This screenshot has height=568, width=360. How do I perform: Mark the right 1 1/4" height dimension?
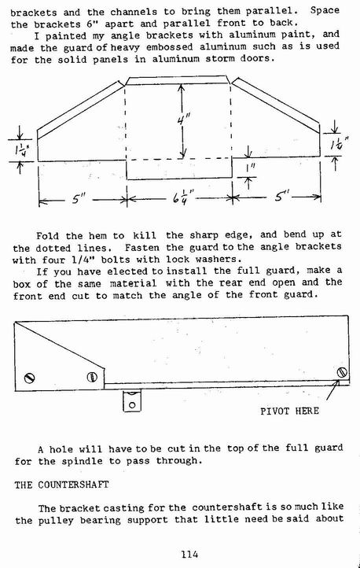point(339,145)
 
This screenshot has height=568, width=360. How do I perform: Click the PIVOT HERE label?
point(290,411)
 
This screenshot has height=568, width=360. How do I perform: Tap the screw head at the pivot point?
point(342,372)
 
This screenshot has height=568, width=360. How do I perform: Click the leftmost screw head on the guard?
point(29,378)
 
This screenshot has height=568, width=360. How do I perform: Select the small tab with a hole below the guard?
point(132,400)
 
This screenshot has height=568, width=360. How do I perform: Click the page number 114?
point(189,554)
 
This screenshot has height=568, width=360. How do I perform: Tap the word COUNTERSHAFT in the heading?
point(73,485)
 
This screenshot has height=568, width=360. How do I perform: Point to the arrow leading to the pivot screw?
point(332,389)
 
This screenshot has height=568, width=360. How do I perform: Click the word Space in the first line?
point(325,10)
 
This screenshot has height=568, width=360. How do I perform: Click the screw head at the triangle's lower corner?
point(92,377)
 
